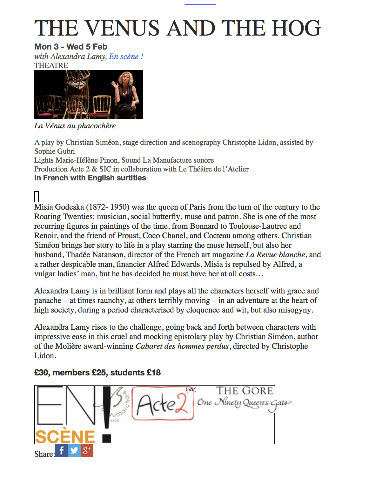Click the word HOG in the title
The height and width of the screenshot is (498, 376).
(x=296, y=28)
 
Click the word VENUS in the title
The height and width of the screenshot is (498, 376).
(x=123, y=28)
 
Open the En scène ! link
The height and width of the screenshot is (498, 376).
(x=126, y=57)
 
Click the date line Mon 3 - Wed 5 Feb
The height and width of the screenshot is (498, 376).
(x=71, y=47)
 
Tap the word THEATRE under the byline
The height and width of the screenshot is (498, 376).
(x=51, y=65)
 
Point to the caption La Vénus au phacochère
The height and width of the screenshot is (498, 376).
(x=75, y=126)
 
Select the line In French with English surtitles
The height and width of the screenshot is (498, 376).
(x=90, y=178)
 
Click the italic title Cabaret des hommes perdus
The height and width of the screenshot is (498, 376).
(x=182, y=346)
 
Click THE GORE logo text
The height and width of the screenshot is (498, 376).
(x=245, y=391)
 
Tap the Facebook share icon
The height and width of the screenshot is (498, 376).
(x=62, y=450)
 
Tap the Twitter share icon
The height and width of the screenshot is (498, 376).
(x=74, y=450)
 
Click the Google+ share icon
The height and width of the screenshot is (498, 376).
(x=87, y=450)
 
